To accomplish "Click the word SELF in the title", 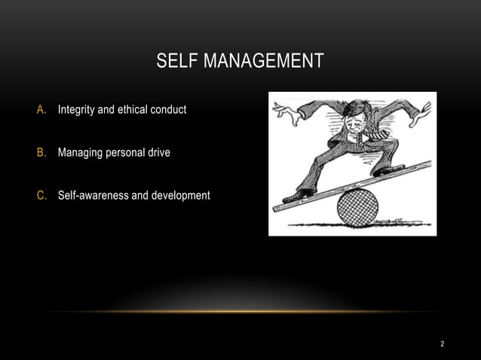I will (174, 60).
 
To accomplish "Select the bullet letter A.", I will (42, 111).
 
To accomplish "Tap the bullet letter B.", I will (42, 153).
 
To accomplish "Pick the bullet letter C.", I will (42, 196).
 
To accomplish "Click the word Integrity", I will (77, 111).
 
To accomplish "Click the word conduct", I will (170, 111).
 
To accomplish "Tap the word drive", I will (158, 153).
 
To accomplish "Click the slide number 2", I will (443, 344).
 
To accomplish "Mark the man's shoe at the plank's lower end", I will (296, 194).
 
